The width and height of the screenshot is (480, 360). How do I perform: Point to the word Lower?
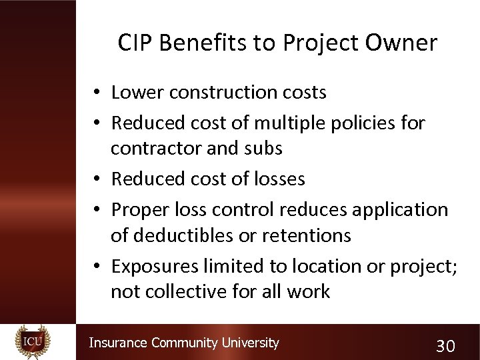(138, 92)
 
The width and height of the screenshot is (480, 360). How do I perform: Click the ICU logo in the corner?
(32, 341)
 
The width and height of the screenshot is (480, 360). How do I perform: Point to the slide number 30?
(445, 345)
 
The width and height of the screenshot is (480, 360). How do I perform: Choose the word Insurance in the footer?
(118, 343)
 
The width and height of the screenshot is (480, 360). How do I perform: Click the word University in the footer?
(249, 343)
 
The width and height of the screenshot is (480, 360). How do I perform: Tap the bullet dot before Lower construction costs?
(97, 93)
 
